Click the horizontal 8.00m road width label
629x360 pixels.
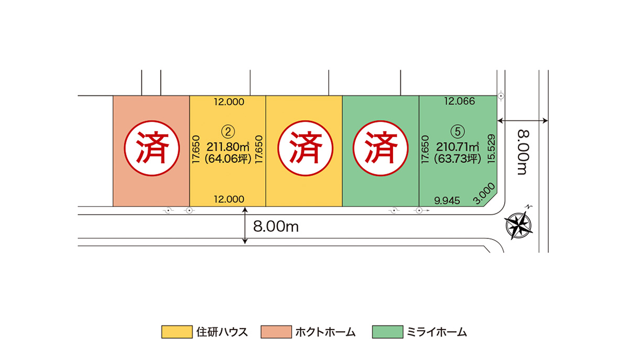click(x=276, y=226)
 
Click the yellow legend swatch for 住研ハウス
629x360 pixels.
click(x=175, y=332)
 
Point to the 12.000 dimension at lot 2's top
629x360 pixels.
click(x=229, y=102)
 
